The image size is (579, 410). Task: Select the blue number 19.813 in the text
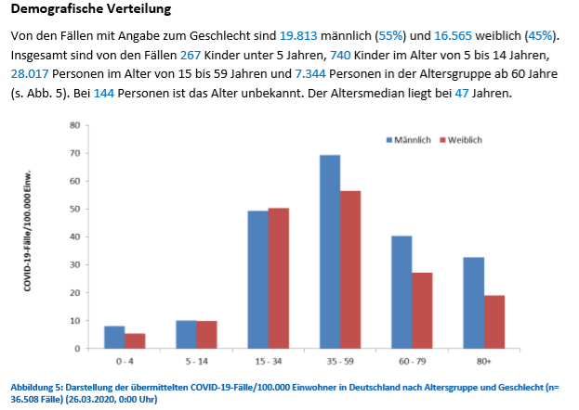(x=298, y=35)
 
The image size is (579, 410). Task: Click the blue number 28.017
(x=34, y=75)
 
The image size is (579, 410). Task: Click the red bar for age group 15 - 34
(x=279, y=278)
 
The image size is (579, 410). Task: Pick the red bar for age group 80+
(x=493, y=322)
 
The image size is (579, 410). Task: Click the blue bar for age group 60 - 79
(x=401, y=292)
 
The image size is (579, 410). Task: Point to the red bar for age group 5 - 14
(x=207, y=335)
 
